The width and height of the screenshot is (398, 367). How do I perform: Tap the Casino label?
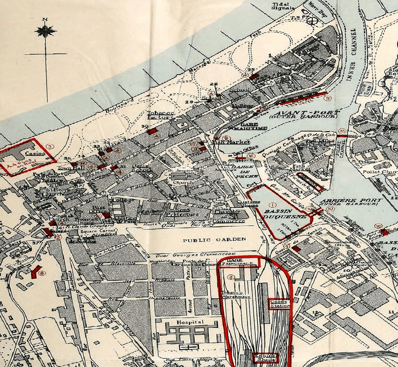pyautogui.click(x=31, y=153)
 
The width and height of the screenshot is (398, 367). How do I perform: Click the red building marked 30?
pyautogui.click(x=153, y=131)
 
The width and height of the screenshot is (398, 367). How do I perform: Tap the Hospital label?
pyautogui.click(x=190, y=322)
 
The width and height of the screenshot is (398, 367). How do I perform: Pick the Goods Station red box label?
pyautogui.click(x=280, y=304)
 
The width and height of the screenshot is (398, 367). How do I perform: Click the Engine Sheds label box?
pyautogui.click(x=265, y=358)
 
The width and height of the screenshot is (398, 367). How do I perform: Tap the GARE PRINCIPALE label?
pyautogui.click(x=239, y=262)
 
